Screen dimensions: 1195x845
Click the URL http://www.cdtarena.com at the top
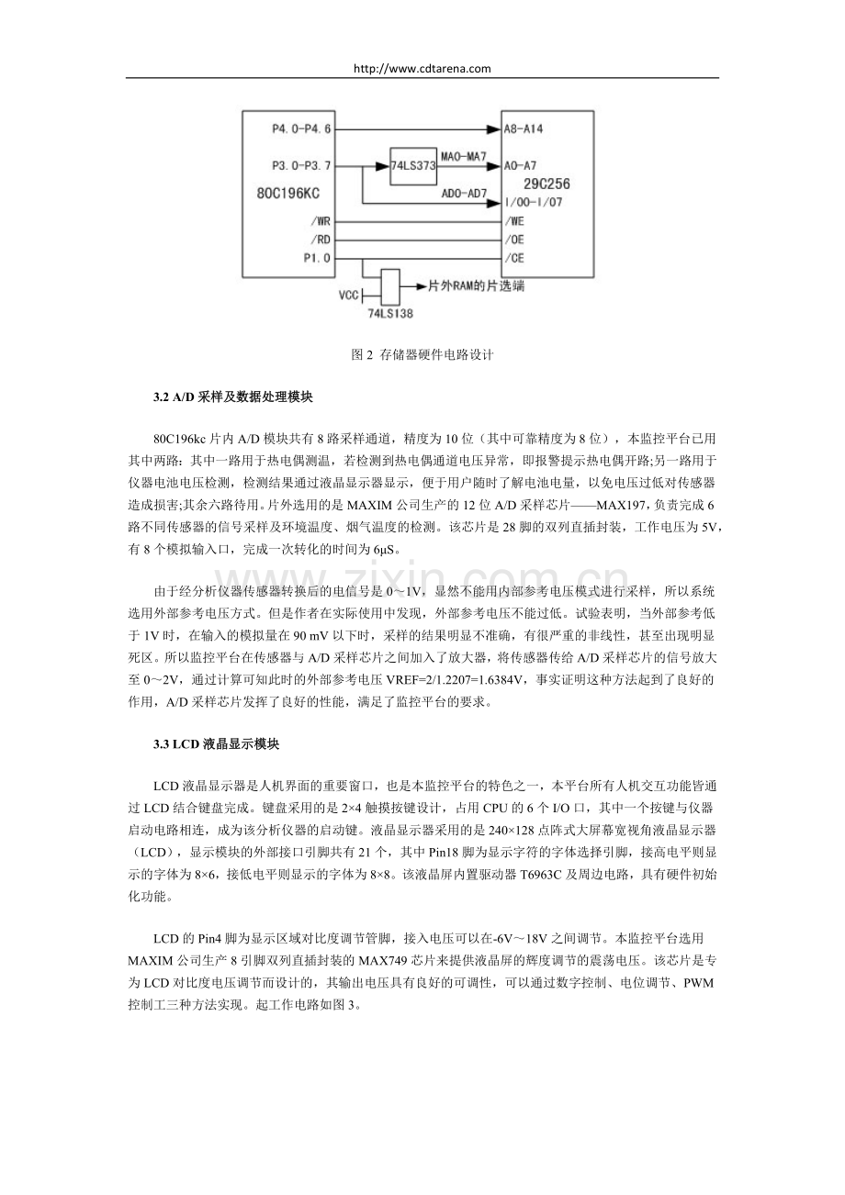coord(422,68)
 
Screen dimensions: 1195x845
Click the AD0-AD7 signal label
coord(463,195)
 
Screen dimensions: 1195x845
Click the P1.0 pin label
coord(317,258)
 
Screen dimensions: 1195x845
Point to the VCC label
coord(349,296)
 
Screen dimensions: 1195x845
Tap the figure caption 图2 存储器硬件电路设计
coord(422,355)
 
